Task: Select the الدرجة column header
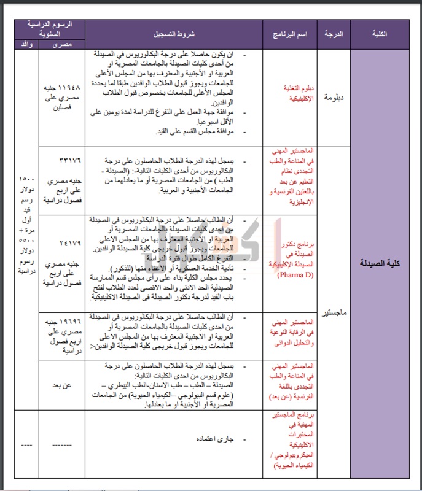point(333,34)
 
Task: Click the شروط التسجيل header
point(174,34)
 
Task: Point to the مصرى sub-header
point(62,44)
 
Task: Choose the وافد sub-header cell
point(26,44)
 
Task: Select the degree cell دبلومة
point(333,96)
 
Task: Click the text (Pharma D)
point(291,274)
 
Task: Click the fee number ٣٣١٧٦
point(62,161)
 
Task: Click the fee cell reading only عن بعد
point(62,385)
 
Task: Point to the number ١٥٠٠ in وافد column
point(26,177)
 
